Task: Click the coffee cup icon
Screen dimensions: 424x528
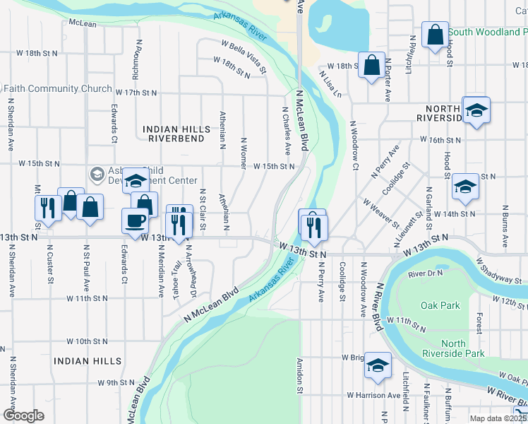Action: (x=136, y=220)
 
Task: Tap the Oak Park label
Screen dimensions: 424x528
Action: (x=440, y=306)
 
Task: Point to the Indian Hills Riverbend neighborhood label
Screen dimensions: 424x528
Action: (x=176, y=134)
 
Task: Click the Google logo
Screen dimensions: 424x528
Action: (x=23, y=416)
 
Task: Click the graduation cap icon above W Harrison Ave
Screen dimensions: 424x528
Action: (x=378, y=365)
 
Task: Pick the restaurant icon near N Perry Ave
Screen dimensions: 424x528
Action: (x=312, y=225)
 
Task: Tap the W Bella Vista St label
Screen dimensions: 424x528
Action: (x=244, y=56)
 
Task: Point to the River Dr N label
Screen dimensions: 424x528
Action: (x=424, y=273)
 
